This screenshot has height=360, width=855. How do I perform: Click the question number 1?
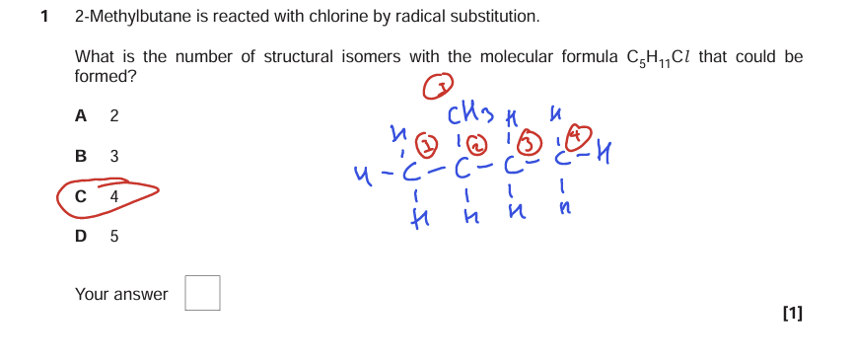[x=44, y=17]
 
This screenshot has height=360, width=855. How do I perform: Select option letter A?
[x=81, y=115]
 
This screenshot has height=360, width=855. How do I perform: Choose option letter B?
[x=81, y=156]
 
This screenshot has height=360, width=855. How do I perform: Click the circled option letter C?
[x=81, y=196]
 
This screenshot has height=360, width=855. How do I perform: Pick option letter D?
[x=81, y=236]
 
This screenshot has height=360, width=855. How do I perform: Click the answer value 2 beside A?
[x=114, y=115]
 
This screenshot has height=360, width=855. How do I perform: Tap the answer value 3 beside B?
[x=114, y=156]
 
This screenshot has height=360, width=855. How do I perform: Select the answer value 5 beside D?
[x=114, y=236]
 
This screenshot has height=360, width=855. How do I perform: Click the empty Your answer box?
[x=202, y=293]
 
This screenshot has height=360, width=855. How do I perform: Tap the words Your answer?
[x=121, y=294]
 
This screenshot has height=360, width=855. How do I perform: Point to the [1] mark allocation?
[x=791, y=314]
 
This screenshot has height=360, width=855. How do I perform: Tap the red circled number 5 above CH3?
[x=435, y=89]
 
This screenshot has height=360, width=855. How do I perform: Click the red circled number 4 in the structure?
[x=583, y=135]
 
